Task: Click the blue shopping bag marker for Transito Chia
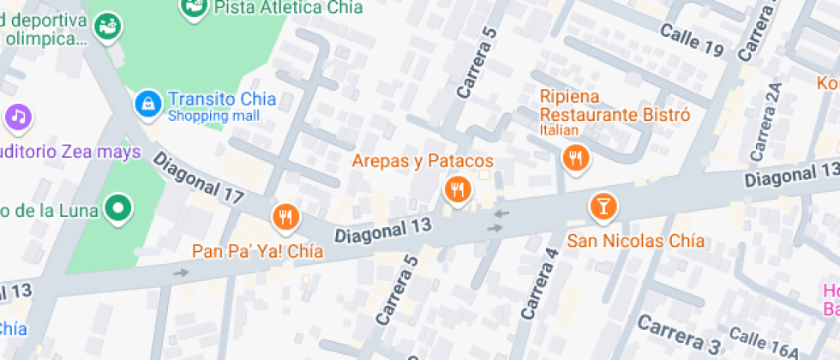(x=149, y=104)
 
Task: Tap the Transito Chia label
(x=221, y=99)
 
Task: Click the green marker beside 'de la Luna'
(x=117, y=207)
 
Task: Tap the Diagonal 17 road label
(x=199, y=178)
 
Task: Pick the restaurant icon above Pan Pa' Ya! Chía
(x=285, y=218)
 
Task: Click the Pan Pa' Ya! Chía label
(x=257, y=252)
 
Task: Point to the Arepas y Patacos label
(x=423, y=161)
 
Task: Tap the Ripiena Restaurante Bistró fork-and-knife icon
(x=573, y=157)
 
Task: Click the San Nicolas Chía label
(x=636, y=241)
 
